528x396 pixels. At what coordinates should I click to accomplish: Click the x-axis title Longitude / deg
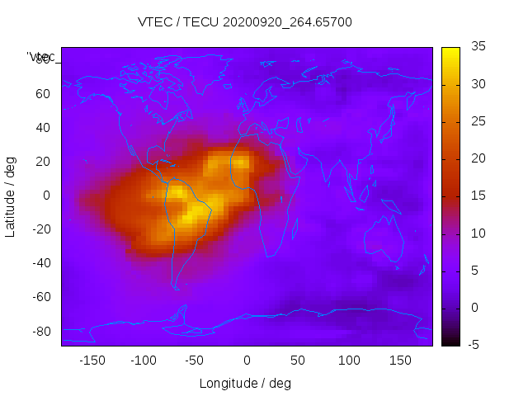click(x=245, y=383)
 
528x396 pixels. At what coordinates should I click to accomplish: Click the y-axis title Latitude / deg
click(x=11, y=196)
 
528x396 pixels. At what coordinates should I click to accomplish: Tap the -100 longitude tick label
click(x=143, y=360)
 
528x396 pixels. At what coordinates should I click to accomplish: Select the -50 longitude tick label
click(x=195, y=360)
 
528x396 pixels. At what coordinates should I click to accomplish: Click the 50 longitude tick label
click(x=298, y=360)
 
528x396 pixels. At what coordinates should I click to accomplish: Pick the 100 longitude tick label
click(x=349, y=360)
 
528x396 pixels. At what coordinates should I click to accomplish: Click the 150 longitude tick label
click(x=400, y=360)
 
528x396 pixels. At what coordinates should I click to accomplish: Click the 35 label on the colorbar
click(x=478, y=47)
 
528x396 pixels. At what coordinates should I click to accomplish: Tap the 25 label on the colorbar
click(x=478, y=121)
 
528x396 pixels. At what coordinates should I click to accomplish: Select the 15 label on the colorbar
click(x=478, y=196)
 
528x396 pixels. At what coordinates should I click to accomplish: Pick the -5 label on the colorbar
click(x=476, y=344)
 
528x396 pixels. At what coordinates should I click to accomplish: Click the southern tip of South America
click(x=176, y=287)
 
